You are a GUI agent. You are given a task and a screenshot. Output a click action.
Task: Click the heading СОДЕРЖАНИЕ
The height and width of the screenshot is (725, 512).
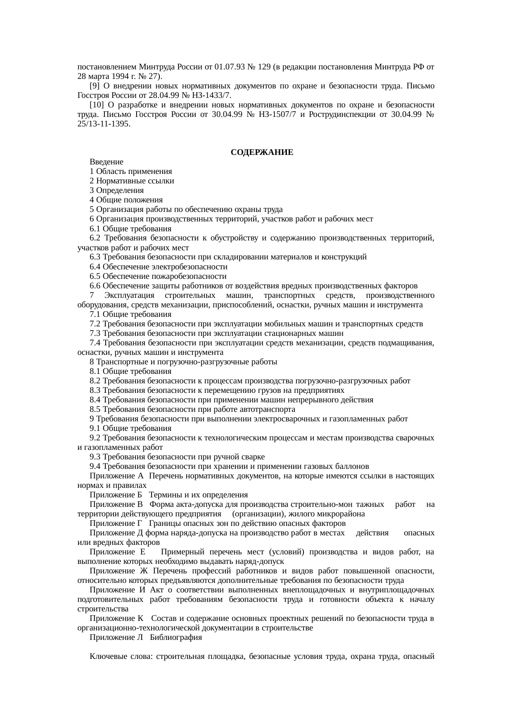262,152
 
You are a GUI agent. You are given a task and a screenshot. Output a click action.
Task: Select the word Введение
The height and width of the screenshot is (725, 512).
106,162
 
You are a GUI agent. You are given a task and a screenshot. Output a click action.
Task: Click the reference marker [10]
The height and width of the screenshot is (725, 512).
96,105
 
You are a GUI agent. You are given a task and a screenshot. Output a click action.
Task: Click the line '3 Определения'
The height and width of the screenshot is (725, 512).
116,190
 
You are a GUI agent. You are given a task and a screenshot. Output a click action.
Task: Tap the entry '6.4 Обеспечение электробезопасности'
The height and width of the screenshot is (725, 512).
158,266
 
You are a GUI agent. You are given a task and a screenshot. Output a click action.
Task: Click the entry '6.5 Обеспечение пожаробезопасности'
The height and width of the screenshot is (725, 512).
158,276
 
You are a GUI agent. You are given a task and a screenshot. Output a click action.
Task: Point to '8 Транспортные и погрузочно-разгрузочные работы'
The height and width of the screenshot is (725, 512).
183,361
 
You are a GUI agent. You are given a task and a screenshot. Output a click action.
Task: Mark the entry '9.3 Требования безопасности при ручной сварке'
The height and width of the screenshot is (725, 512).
177,456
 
